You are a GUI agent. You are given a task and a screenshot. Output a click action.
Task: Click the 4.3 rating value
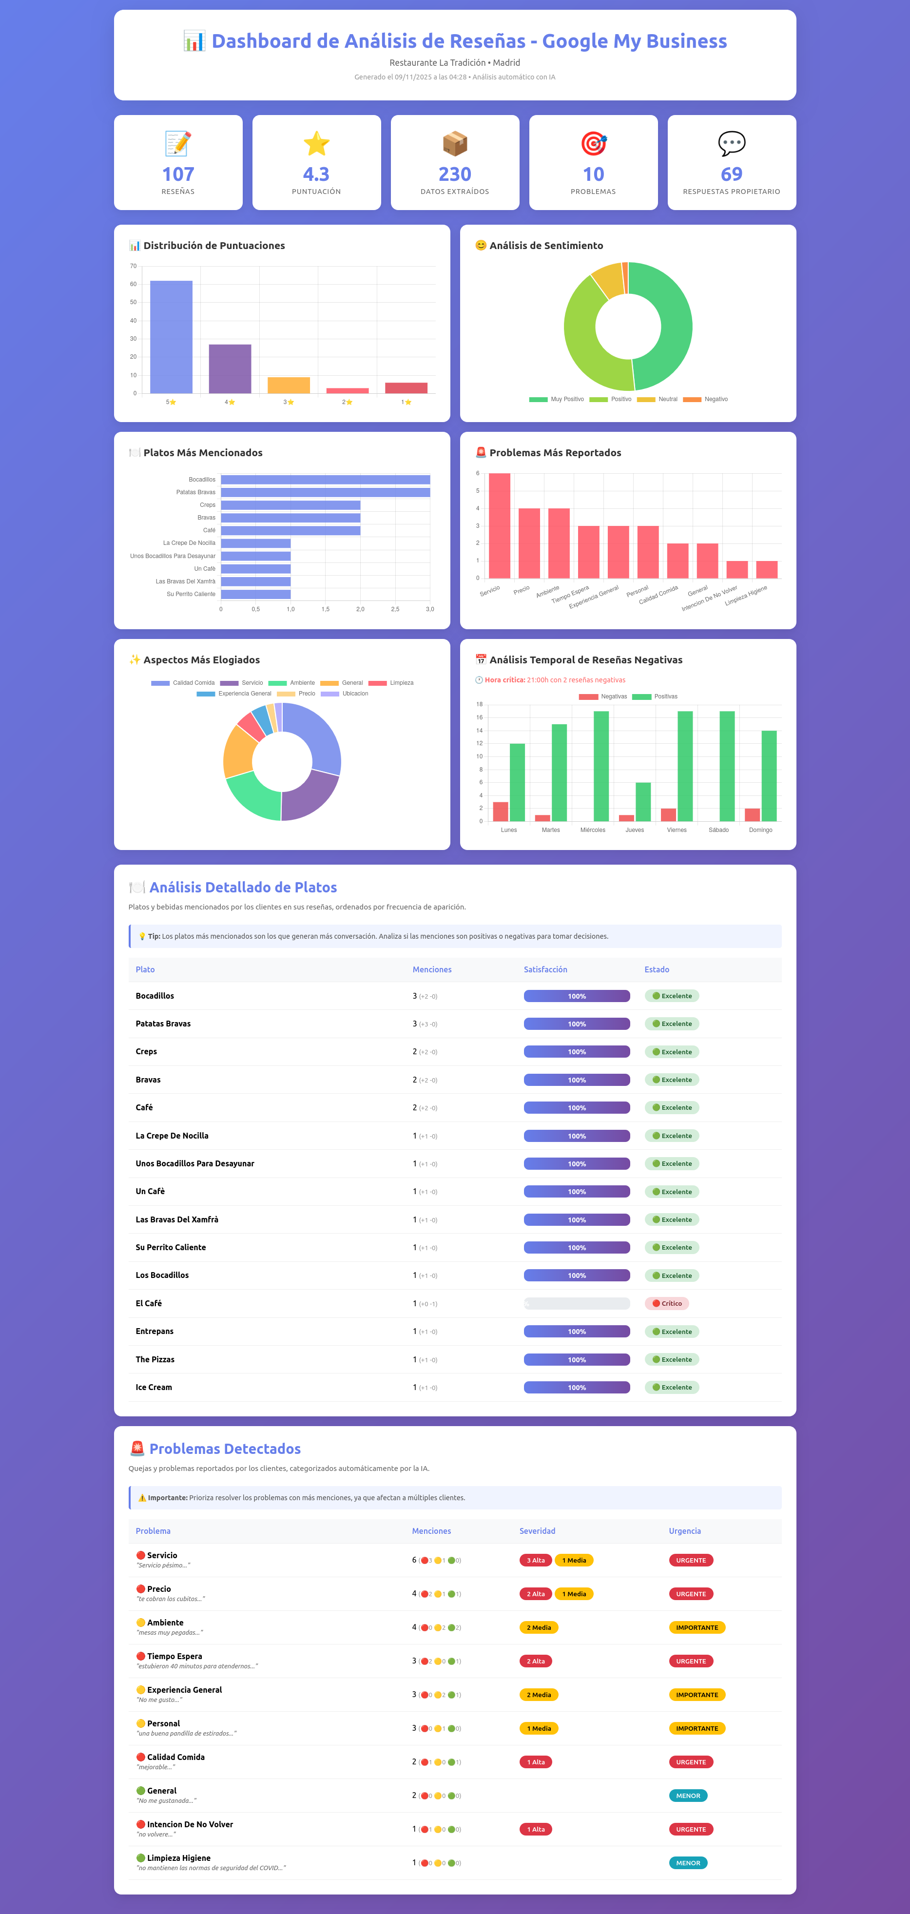(316, 174)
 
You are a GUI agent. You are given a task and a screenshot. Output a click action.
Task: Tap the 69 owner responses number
(731, 174)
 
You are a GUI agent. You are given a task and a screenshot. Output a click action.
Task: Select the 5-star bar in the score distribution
(171, 337)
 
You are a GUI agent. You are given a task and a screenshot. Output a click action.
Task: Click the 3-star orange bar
(288, 385)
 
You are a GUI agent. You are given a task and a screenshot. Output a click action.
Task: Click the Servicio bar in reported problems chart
(499, 525)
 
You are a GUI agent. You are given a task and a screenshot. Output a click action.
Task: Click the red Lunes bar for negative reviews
(501, 812)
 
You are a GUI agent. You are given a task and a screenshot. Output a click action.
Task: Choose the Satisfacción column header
(545, 969)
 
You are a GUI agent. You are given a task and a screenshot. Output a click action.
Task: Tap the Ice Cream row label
(154, 1387)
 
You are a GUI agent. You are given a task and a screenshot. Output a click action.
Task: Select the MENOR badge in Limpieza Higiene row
(688, 1863)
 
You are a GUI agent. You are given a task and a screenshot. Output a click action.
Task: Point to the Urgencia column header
(684, 1530)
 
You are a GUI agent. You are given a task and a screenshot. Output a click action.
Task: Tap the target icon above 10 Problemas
(594, 143)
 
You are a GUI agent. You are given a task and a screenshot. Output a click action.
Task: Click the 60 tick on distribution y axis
(134, 284)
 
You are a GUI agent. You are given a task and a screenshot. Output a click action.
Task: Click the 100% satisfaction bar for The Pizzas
(577, 1360)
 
